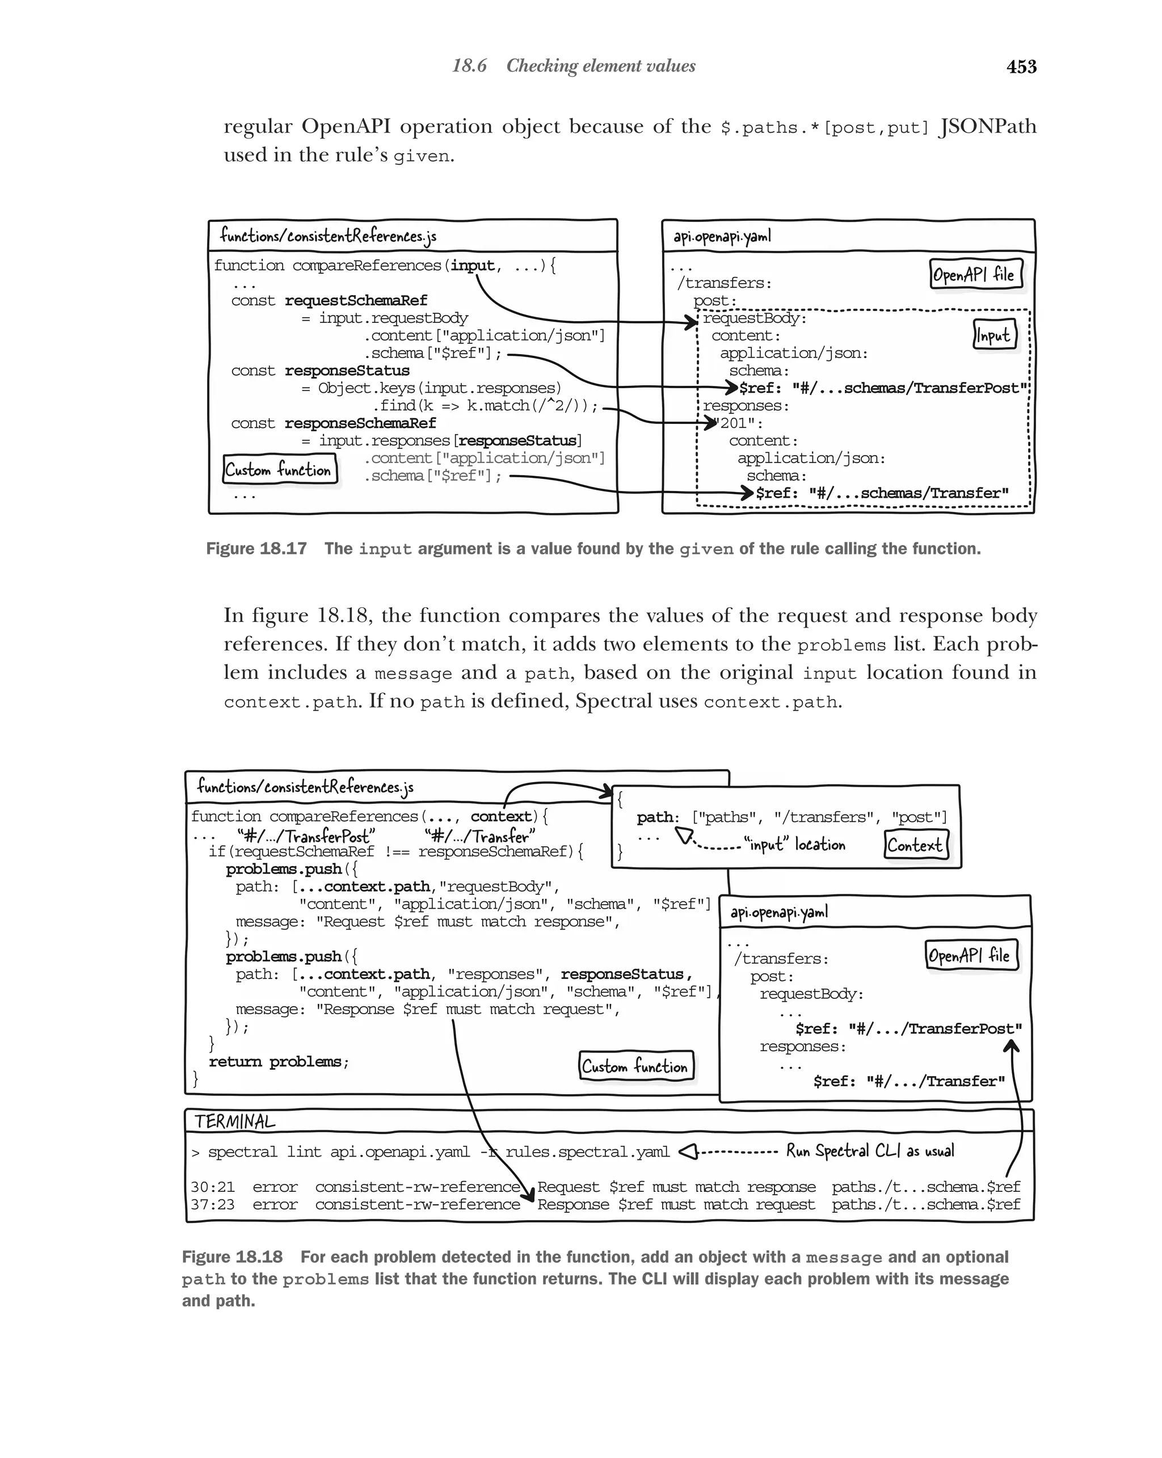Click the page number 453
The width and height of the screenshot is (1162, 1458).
(1021, 66)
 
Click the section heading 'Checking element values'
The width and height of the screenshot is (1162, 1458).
(600, 66)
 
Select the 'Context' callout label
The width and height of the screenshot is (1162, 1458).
(915, 844)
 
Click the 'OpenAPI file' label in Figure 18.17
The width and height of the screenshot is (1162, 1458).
(974, 275)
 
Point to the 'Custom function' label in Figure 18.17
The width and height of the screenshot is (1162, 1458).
(279, 469)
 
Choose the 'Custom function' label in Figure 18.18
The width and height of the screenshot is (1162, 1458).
(635, 1066)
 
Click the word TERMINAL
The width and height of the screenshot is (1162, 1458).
(234, 1121)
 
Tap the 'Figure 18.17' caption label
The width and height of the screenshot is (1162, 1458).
(256, 548)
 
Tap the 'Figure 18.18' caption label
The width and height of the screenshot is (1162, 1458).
(232, 1257)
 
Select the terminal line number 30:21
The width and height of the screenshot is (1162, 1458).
(212, 1187)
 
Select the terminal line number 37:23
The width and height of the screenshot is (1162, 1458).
(212, 1204)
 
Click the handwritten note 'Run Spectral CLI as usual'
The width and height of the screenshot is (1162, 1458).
(869, 1151)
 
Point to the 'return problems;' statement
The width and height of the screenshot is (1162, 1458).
(279, 1062)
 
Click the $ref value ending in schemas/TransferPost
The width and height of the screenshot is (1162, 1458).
(882, 388)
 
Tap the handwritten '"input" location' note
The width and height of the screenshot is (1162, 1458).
(794, 844)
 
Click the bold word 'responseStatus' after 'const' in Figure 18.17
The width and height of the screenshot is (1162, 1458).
(347, 371)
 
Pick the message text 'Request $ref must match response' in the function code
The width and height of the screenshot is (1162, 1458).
(466, 922)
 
